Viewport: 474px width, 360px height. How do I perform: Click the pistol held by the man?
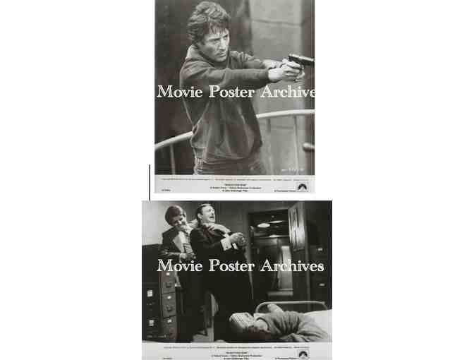pos(295,62)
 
